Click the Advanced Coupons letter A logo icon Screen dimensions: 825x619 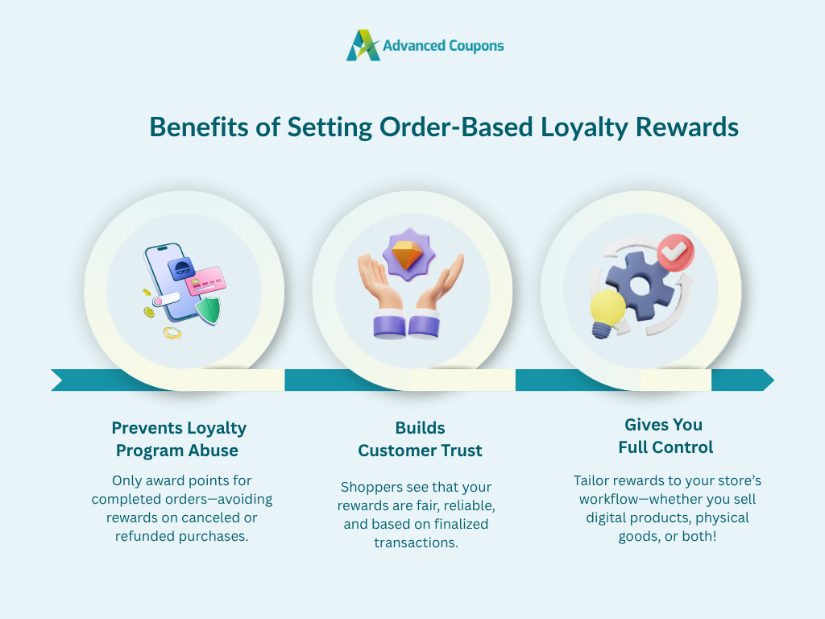pyautogui.click(x=363, y=45)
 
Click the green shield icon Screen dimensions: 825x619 pyautogui.click(x=209, y=310)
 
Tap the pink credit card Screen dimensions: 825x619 pyautogui.click(x=205, y=280)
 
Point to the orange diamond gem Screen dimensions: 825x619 pyautogui.click(x=408, y=255)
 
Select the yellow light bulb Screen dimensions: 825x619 pyautogui.click(x=607, y=313)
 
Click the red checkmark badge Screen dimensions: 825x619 pyautogui.click(x=676, y=252)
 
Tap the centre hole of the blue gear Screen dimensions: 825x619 pyautogui.click(x=640, y=286)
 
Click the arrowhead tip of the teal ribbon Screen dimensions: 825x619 pyautogui.click(x=773, y=380)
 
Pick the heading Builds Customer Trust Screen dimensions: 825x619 pyautogui.click(x=420, y=439)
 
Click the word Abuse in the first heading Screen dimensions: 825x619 pyautogui.click(x=213, y=451)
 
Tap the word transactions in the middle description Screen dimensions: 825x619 pyautogui.click(x=417, y=542)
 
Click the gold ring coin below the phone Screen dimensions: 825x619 pyautogui.click(x=172, y=333)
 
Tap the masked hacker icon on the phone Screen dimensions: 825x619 pyautogui.click(x=181, y=268)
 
